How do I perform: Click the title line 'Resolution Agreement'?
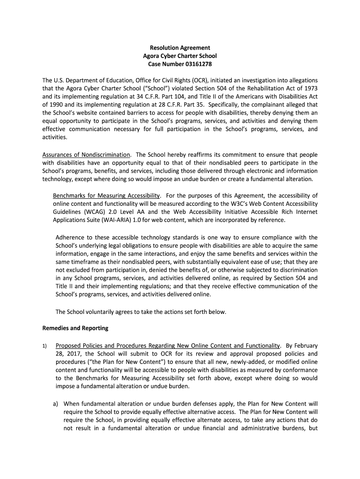[x=180, y=48]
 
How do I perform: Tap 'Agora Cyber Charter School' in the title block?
[x=180, y=56]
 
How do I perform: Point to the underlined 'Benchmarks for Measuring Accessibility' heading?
[x=107, y=195]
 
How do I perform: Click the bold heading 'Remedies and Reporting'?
[x=75, y=328]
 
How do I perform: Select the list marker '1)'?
[x=45, y=346]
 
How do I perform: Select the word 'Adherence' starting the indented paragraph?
[x=71, y=237]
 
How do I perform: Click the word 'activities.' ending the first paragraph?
[x=55, y=138]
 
